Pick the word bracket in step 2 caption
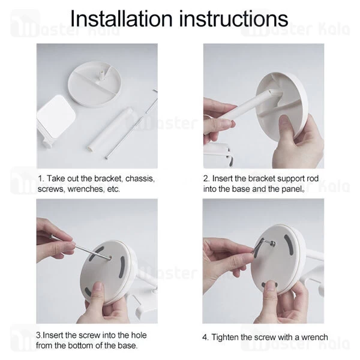259,179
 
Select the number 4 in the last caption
205,337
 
